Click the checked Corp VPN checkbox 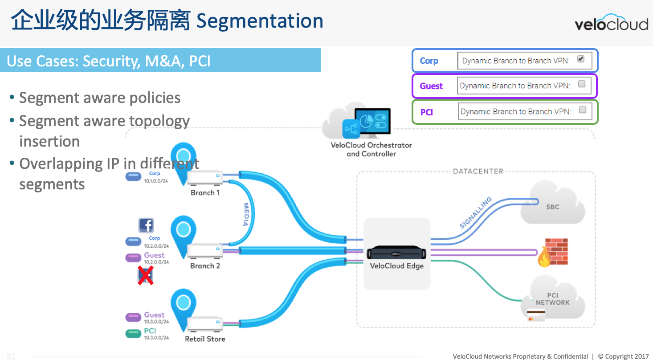(580, 59)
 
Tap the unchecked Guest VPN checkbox (581, 84)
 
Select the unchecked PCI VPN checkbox (582, 110)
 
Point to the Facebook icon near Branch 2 (146, 225)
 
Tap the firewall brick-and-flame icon (552, 252)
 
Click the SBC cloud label (552, 207)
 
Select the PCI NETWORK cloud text (552, 299)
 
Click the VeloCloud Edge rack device (396, 253)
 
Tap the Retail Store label (205, 339)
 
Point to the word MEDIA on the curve (246, 215)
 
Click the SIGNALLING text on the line (476, 213)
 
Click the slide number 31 (11, 356)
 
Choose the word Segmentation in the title (260, 21)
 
